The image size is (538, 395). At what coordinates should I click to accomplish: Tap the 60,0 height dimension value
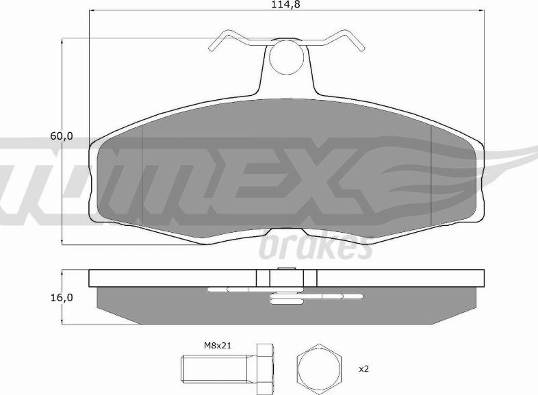[61, 136]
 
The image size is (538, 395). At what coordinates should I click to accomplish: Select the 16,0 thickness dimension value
[61, 298]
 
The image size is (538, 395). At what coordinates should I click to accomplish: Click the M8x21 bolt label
[218, 346]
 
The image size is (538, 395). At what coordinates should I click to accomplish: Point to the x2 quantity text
[363, 368]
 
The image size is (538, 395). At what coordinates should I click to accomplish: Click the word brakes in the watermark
[316, 248]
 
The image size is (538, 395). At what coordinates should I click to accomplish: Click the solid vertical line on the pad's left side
[141, 171]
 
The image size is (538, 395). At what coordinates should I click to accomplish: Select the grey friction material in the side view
[151, 301]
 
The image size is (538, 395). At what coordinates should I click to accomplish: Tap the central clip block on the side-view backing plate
[286, 278]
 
